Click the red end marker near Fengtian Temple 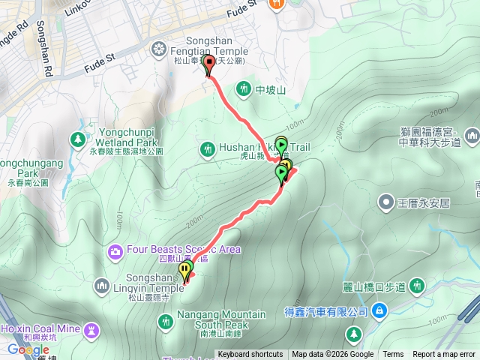(x=208, y=64)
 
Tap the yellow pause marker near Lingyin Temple (x=184, y=269)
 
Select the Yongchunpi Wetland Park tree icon (x=78, y=139)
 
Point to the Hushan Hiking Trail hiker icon (x=208, y=148)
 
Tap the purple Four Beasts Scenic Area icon (x=115, y=250)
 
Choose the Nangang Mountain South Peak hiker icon (x=166, y=321)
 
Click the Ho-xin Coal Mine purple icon (x=92, y=329)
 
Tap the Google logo (x=28, y=349)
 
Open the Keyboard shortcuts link (x=250, y=355)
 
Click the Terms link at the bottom (x=393, y=355)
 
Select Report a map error (x=445, y=355)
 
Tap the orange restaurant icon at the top (x=277, y=4)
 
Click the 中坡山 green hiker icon (x=244, y=90)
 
